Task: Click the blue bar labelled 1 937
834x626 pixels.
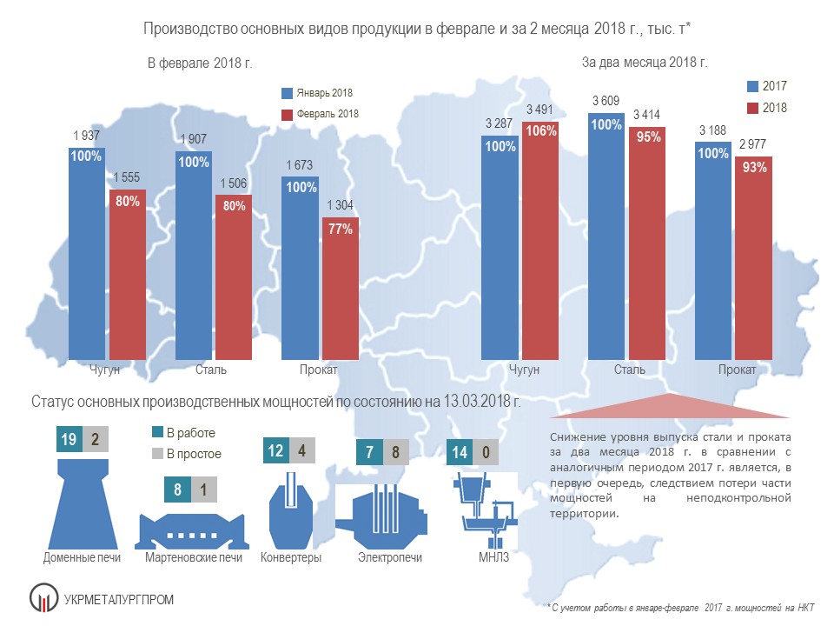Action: [88, 261]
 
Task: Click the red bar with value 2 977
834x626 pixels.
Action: [753, 261]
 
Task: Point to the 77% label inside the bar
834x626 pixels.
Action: [340, 230]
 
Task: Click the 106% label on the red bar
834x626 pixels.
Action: [541, 131]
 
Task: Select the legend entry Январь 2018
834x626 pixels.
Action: [317, 93]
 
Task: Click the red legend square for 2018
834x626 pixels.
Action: [753, 108]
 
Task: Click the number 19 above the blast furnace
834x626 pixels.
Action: [68, 439]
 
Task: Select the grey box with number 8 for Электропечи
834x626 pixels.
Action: [395, 453]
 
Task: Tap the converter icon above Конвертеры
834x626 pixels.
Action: [289, 513]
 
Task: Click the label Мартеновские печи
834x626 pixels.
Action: [194, 557]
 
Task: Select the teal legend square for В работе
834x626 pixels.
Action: [157, 432]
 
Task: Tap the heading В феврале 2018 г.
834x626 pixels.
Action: [199, 63]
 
